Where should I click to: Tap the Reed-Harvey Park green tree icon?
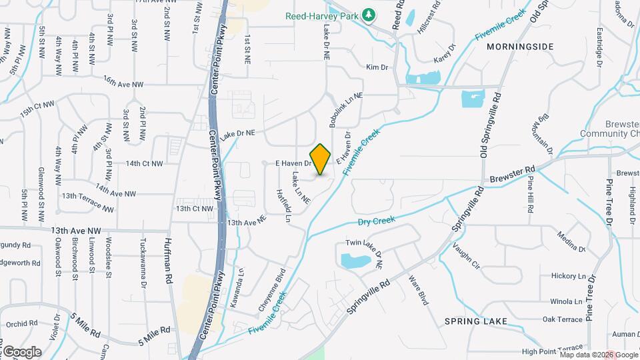tap(368, 15)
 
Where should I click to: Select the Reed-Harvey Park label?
tap(322, 15)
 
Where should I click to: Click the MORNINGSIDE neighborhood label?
tap(520, 47)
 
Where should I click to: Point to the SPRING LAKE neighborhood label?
tap(475, 321)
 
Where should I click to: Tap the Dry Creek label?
tap(377, 221)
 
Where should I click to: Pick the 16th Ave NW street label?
tap(123, 82)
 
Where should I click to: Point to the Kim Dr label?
tap(376, 67)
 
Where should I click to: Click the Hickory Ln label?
tap(568, 276)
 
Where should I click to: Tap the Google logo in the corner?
tap(22, 351)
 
